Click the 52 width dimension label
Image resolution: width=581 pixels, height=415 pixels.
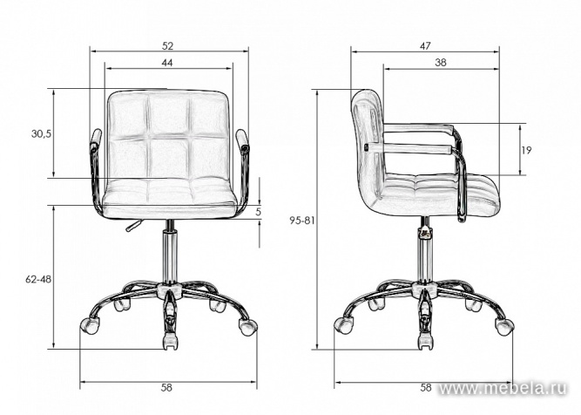[166, 44]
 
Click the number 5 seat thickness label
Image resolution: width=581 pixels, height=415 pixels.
[259, 212]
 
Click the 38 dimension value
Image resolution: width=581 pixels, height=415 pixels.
[442, 62]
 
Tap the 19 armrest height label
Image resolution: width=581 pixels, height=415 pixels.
[527, 150]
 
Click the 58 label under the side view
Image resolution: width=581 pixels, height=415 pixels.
[427, 386]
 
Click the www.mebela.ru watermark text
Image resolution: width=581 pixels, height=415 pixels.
[508, 386]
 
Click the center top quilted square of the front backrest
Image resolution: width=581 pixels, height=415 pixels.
[168, 113]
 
